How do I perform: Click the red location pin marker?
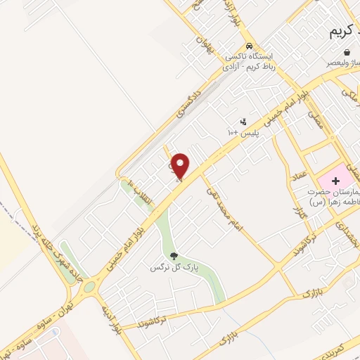pyautogui.click(x=181, y=166)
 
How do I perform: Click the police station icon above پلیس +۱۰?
pyautogui.click(x=243, y=121)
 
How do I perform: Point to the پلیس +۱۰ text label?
pyautogui.click(x=243, y=132)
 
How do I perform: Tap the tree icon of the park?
pyautogui.click(x=174, y=256)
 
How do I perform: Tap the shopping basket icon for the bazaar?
pyautogui.click(x=347, y=52)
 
